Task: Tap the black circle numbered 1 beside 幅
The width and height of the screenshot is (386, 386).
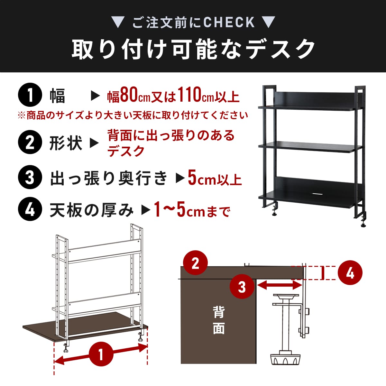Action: pos(30,95)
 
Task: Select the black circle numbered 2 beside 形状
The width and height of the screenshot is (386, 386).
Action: pos(30,142)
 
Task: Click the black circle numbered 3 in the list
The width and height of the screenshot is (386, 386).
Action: pos(30,177)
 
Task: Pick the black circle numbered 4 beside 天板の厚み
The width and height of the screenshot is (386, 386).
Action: pos(30,209)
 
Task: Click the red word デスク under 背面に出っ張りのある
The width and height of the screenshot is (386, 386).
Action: pos(126,152)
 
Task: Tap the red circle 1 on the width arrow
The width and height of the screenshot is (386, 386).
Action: pos(101,354)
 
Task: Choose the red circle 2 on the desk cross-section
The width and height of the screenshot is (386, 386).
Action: pos(195,262)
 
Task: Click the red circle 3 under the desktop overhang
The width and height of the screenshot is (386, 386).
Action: pos(242,287)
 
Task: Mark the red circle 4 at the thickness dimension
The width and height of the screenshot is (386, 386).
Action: pos(350,272)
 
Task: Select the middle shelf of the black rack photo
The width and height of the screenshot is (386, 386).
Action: pos(310,148)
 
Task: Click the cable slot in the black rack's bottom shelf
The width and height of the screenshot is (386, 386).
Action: pos(317,194)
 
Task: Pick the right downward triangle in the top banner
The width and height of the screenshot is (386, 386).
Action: pos(269,22)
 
